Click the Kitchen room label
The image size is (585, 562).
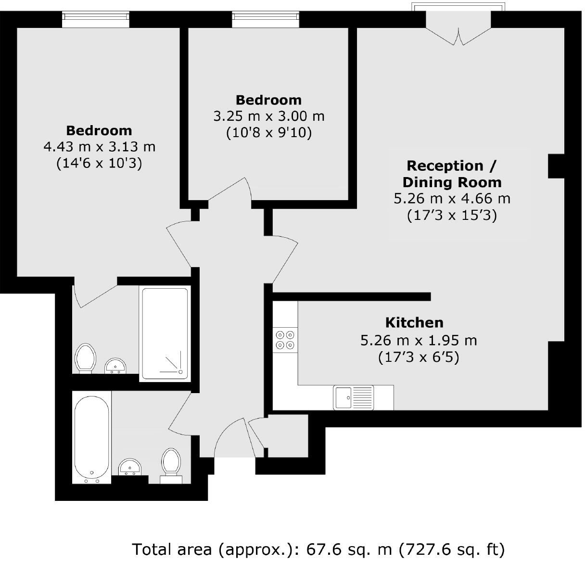tap(414, 322)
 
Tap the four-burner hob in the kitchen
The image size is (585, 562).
tap(285, 340)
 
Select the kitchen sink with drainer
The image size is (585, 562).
tap(354, 397)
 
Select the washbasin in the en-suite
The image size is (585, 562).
tap(115, 366)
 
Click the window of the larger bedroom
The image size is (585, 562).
tap(96, 19)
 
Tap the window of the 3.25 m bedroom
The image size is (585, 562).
tap(265, 19)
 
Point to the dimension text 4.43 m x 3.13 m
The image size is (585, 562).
tap(99, 146)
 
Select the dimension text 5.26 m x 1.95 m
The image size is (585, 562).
tap(419, 341)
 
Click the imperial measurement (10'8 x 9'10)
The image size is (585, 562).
tap(269, 132)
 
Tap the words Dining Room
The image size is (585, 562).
tap(452, 182)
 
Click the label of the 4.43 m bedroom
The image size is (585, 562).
tap(99, 130)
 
